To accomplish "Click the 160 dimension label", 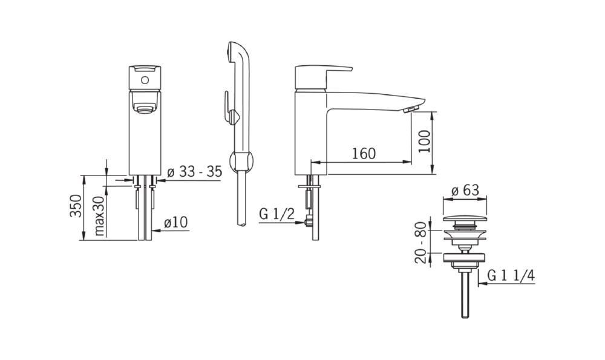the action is pyautogui.click(x=364, y=153).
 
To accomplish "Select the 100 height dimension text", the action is pyautogui.click(x=424, y=141).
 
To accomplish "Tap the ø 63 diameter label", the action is pyautogui.click(x=465, y=190).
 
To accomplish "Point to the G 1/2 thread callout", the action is pyautogui.click(x=276, y=214).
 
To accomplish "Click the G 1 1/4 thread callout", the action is pyautogui.click(x=511, y=275).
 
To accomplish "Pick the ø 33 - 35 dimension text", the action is pyautogui.click(x=195, y=171).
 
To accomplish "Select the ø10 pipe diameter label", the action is pyautogui.click(x=175, y=222).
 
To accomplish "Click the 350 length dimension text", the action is pyautogui.click(x=76, y=206).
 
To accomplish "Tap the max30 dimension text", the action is pyautogui.click(x=99, y=215).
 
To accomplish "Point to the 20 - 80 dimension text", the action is pyautogui.click(x=420, y=242).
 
